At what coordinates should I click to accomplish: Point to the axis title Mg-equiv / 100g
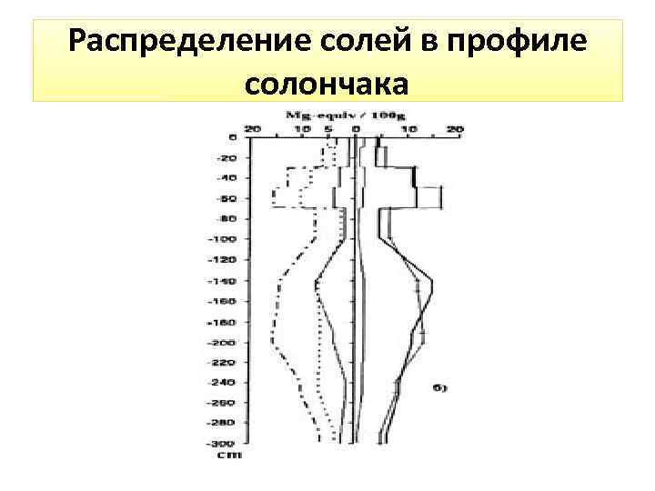pos(338,115)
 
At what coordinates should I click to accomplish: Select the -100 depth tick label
pos(223,239)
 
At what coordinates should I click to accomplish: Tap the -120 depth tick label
pos(223,259)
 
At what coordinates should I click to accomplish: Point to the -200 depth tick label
pos(223,342)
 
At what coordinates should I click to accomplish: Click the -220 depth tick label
pos(223,362)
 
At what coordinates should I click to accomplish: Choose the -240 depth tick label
pos(223,382)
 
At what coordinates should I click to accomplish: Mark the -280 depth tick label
pos(223,423)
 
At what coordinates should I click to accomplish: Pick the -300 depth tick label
pos(223,443)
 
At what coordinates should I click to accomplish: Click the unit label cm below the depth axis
pos(231,454)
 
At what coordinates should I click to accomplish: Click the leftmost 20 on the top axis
pos(254,129)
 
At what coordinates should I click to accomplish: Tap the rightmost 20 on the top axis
pos(455,129)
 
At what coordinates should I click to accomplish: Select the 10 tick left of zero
pos(303,129)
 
